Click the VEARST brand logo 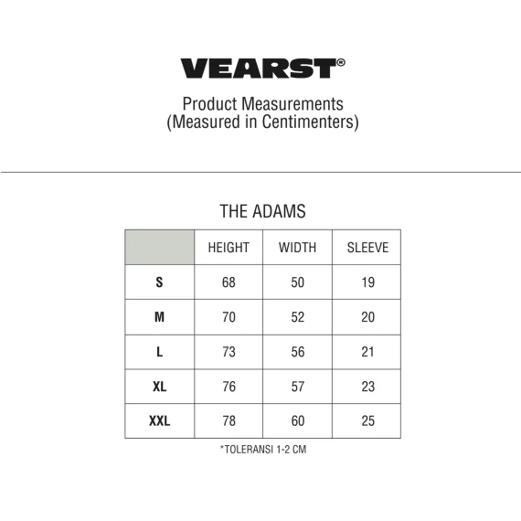coord(262,69)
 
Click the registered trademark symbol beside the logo coord(341,62)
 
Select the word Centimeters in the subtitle coord(309,122)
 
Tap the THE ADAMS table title coord(263,211)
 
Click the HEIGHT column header coord(229,248)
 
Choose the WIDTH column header coord(297,248)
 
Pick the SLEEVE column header coord(367,248)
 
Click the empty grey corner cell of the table coord(160,247)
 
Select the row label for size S coord(159,282)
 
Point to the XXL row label coord(159,421)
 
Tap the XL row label coord(159,387)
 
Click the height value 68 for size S coord(229,282)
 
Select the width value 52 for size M coord(298,317)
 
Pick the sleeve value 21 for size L coord(367,352)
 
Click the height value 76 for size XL coord(229,387)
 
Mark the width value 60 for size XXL coord(298,421)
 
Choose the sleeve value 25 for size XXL coord(367,421)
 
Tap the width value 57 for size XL coord(298,387)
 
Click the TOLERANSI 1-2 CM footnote coord(263,450)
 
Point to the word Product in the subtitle coord(209,104)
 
